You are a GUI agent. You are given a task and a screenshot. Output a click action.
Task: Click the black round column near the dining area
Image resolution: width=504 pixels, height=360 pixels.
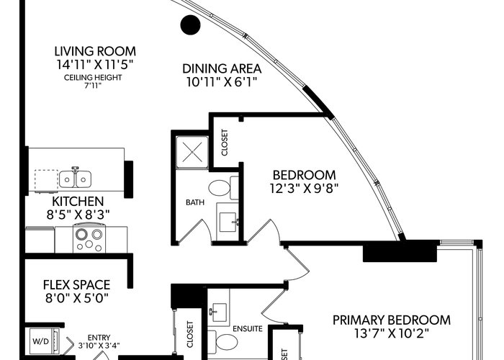[190, 24]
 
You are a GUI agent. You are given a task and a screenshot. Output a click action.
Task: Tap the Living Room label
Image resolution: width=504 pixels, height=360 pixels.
[95, 51]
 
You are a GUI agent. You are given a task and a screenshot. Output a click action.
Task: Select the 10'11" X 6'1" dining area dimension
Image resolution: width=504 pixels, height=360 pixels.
[222, 82]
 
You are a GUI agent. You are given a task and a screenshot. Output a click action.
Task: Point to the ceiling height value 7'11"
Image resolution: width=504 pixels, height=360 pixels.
[93, 86]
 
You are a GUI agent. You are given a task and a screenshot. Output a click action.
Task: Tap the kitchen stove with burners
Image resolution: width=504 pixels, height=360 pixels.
[89, 238]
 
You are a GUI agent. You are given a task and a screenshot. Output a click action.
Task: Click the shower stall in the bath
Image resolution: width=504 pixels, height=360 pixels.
[192, 152]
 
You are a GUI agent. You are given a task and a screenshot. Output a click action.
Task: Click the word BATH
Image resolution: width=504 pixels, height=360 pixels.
[195, 202]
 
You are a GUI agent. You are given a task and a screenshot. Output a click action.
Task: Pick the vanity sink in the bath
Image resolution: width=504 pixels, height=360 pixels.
[228, 222]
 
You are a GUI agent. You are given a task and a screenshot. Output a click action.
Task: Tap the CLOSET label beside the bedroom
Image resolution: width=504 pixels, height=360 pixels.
[225, 143]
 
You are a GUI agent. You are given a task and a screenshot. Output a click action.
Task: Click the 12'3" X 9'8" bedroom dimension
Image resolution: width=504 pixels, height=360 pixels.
[304, 189]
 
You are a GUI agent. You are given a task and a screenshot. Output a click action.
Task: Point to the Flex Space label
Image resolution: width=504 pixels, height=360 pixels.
[76, 285]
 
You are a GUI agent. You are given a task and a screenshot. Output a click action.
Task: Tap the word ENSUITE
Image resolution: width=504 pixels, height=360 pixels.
[248, 329]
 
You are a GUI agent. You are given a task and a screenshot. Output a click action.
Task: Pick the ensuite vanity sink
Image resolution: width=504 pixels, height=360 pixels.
[219, 312]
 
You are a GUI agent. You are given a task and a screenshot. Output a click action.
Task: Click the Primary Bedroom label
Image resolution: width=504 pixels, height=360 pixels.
[392, 320]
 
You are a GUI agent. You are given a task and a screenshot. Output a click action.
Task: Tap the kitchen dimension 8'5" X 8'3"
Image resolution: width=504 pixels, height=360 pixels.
[78, 215]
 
